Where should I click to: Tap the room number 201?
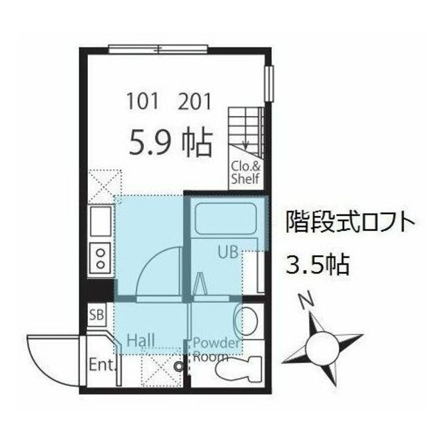point(195,102)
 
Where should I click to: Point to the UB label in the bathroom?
point(227,252)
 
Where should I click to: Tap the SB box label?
point(97,315)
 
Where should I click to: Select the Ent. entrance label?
point(100,365)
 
